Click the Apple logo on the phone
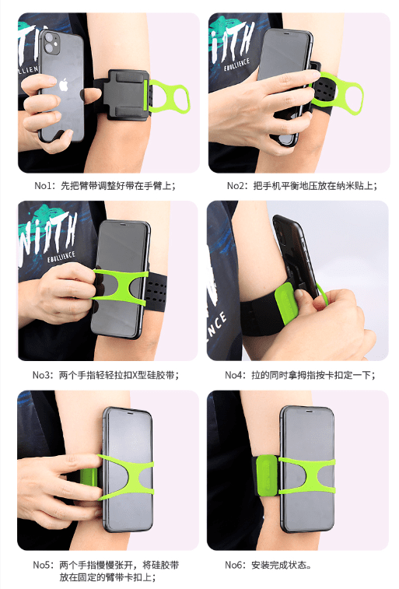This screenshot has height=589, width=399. [64, 86]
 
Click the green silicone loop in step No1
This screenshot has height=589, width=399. [168, 97]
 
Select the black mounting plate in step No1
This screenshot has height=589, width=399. [124, 95]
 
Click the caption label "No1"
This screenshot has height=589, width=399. [43, 185]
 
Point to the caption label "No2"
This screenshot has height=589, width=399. [236, 185]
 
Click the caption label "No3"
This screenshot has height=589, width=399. [40, 375]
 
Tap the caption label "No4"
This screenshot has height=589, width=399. [233, 375]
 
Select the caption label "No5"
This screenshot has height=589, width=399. [41, 565]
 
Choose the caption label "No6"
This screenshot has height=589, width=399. [233, 565]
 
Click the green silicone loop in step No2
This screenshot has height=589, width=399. [338, 94]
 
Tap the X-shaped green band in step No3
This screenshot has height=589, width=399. [120, 286]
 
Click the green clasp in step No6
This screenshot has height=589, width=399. [267, 475]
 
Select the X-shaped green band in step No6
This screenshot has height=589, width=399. [306, 475]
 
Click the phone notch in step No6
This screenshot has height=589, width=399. [308, 412]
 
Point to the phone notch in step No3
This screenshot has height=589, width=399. [123, 224]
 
